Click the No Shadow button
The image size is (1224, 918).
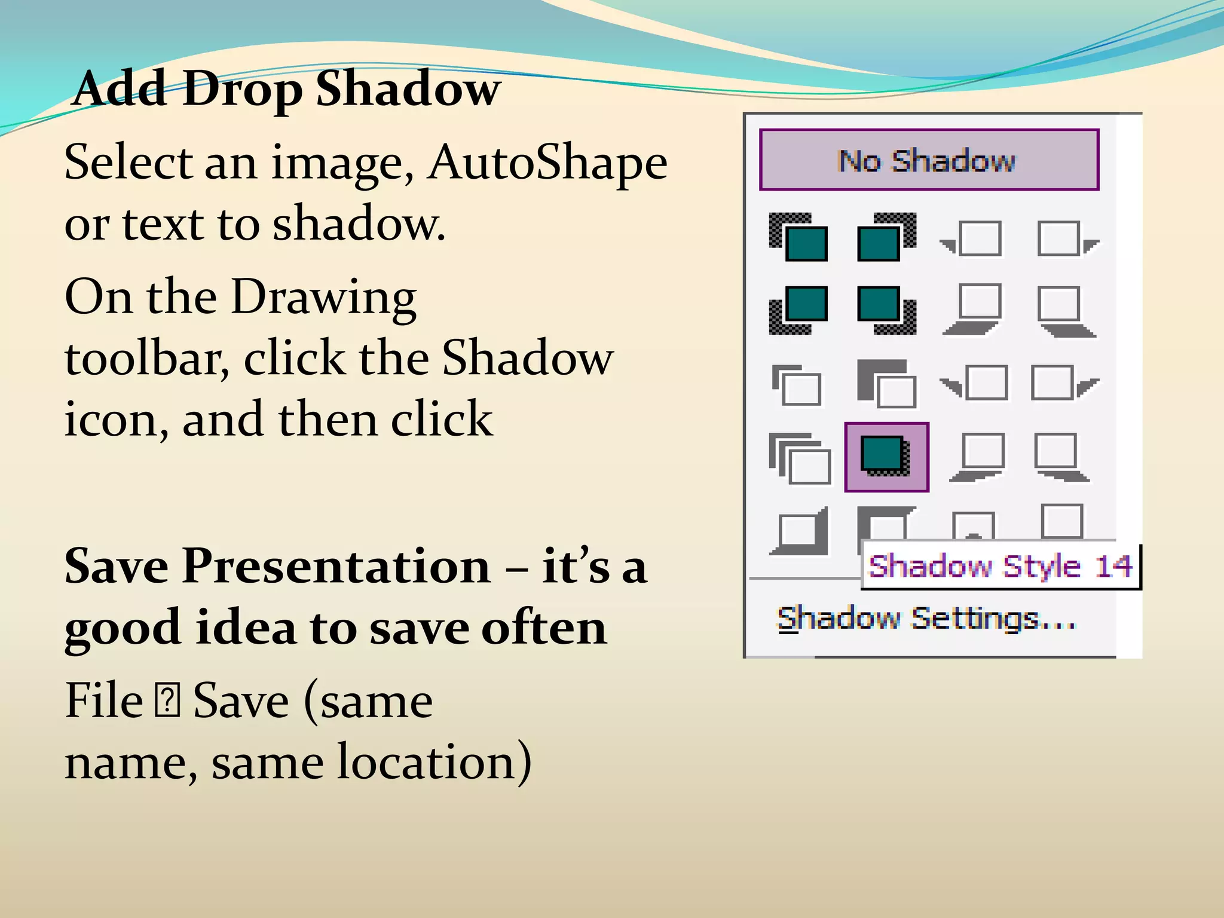[929, 160]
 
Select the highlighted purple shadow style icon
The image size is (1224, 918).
[886, 457]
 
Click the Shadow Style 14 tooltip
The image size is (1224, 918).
[1000, 565]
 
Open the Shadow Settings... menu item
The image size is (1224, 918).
[926, 619]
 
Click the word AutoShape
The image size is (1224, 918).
[547, 163]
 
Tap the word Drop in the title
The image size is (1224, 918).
[242, 90]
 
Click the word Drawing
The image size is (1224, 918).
[323, 297]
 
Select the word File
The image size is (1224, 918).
[103, 700]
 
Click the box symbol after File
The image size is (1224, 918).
[167, 702]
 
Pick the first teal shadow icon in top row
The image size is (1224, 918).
[798, 237]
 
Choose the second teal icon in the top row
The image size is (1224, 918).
[886, 237]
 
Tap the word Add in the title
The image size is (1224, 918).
[120, 90]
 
